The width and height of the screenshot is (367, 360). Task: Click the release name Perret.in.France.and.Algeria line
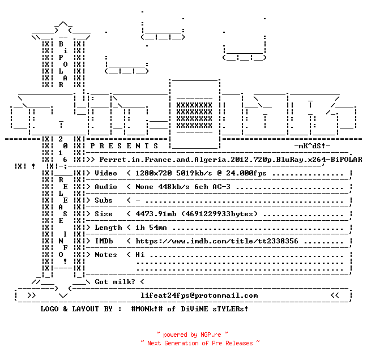click(231, 160)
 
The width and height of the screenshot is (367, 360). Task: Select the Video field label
click(106, 173)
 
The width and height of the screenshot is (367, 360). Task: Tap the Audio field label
click(106, 187)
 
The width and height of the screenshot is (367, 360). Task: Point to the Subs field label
click(104, 200)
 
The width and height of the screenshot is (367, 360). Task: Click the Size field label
click(104, 214)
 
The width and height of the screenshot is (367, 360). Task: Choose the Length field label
click(108, 228)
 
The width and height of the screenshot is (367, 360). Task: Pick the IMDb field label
click(104, 241)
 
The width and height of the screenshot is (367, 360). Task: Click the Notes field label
click(106, 255)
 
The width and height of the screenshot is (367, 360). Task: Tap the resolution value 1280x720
click(153, 173)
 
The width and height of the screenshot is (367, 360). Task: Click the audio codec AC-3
click(221, 187)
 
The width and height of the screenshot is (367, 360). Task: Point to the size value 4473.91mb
click(156, 214)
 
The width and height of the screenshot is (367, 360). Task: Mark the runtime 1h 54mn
click(151, 228)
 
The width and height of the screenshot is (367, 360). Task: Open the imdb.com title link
click(217, 241)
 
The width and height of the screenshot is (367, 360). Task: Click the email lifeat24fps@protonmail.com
click(199, 295)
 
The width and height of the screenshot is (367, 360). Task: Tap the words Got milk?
click(115, 282)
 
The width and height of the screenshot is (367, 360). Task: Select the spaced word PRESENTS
click(124, 146)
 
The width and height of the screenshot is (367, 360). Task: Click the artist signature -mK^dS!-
click(312, 146)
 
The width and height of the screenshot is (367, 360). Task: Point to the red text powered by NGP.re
click(192, 335)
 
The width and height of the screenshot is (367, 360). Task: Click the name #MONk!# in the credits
click(147, 308)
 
